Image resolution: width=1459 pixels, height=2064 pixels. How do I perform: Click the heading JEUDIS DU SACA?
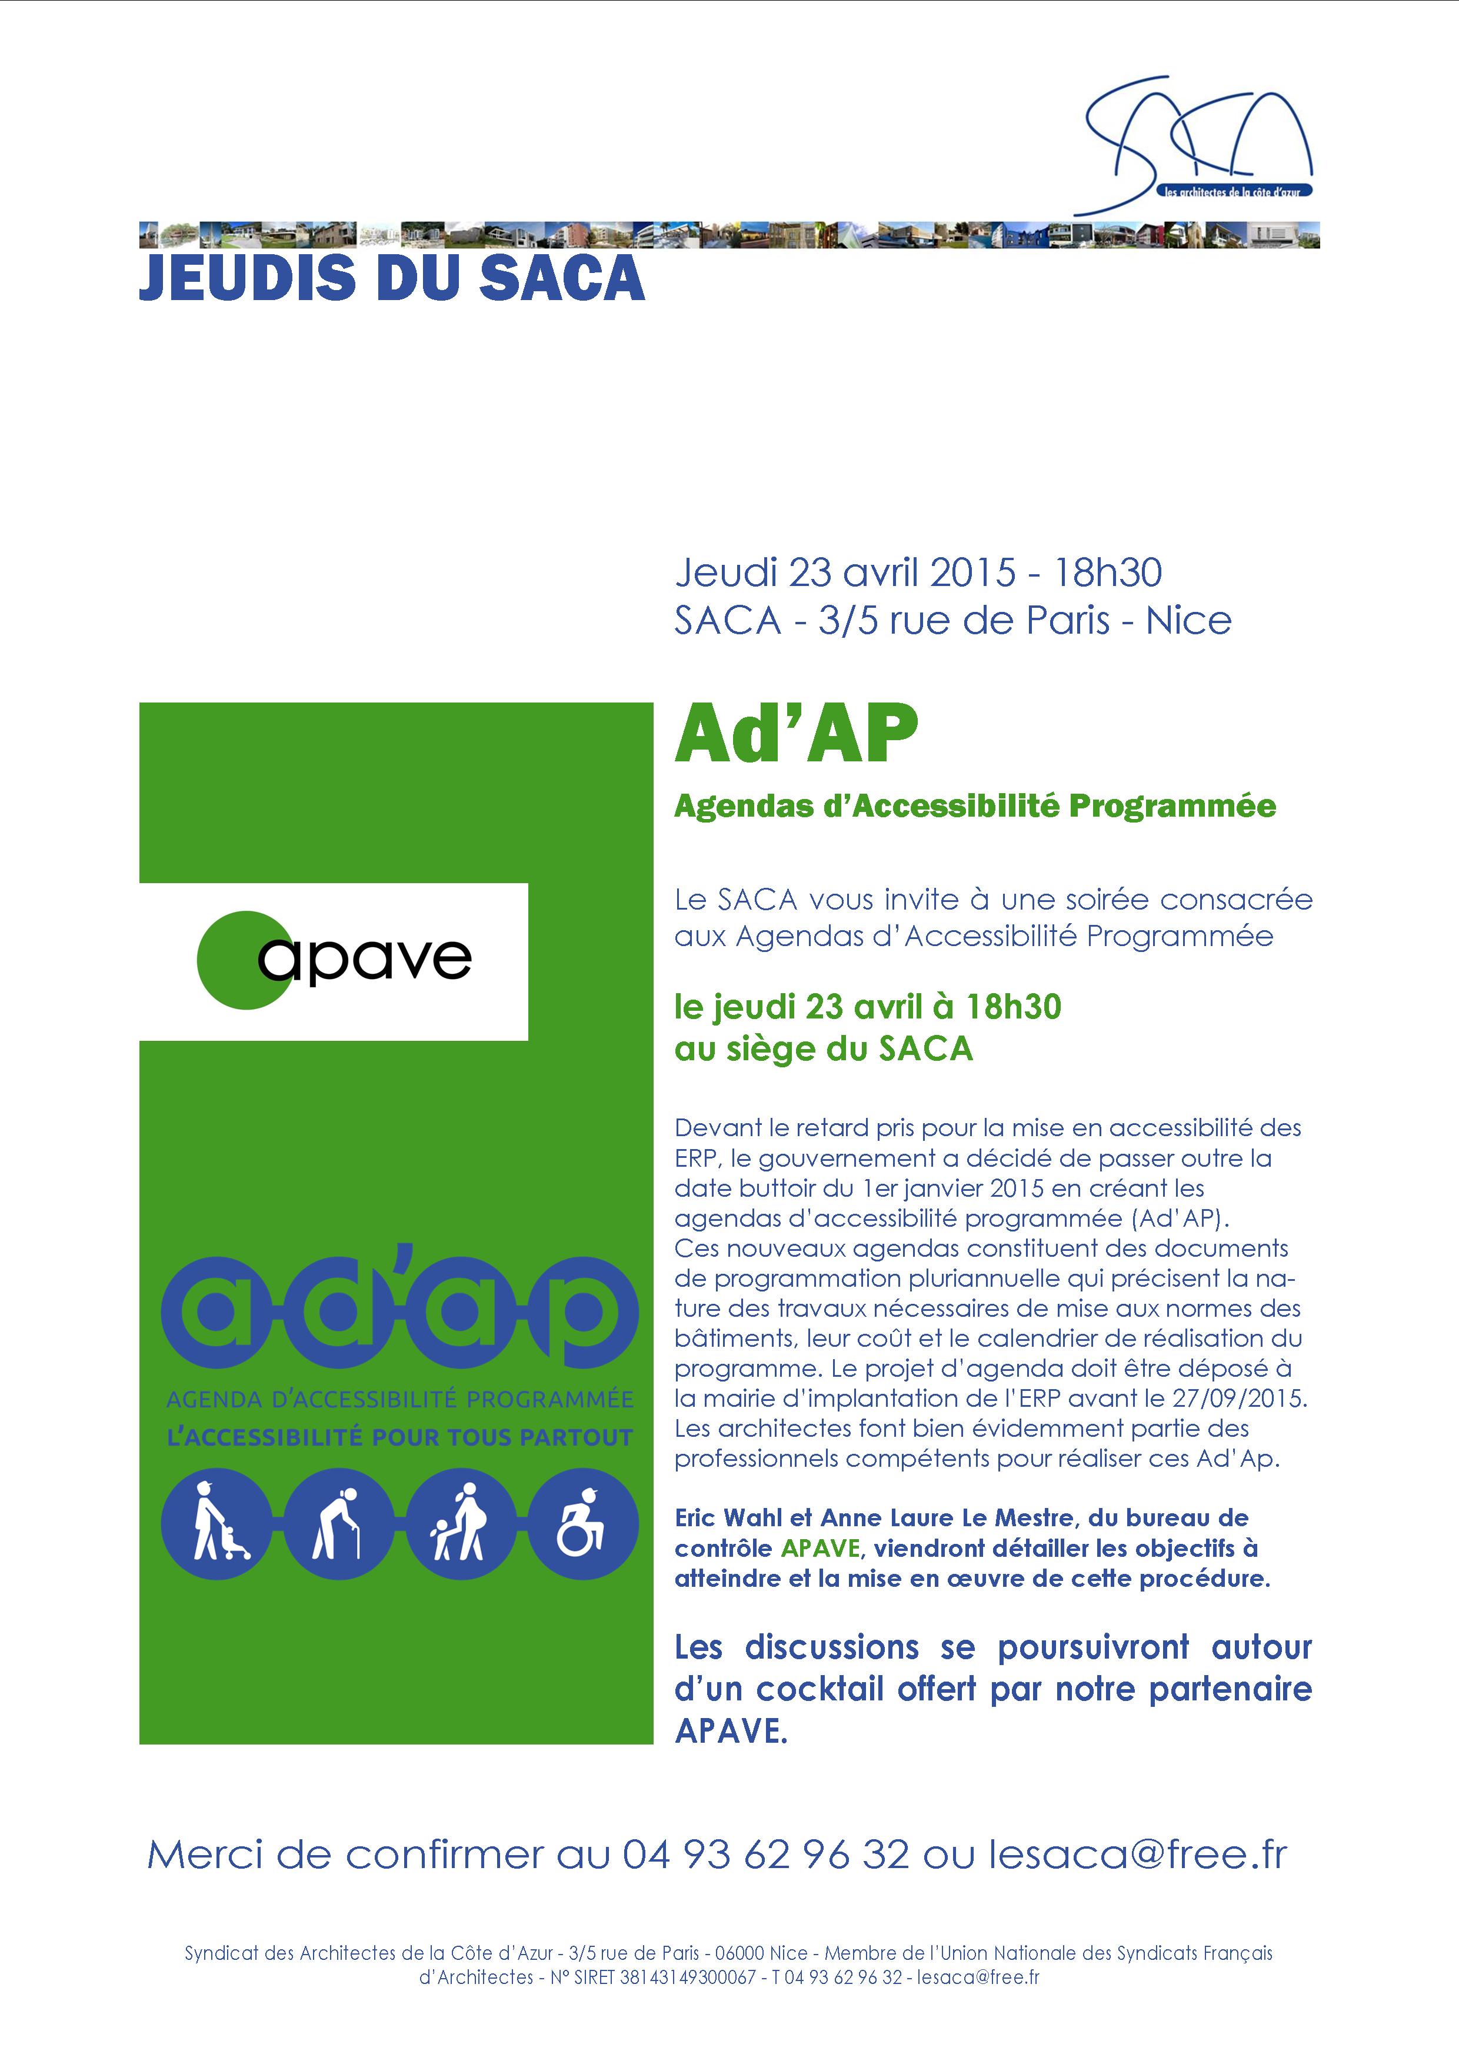click(392, 279)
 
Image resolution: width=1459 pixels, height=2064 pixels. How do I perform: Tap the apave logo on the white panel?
click(334, 960)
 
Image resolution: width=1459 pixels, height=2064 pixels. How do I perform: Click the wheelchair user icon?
click(582, 1523)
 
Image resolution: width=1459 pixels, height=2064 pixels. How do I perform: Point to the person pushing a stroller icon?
click(216, 1523)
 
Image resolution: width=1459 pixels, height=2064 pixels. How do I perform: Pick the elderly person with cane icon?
click(339, 1523)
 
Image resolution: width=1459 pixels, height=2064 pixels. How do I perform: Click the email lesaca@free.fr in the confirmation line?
click(1138, 1855)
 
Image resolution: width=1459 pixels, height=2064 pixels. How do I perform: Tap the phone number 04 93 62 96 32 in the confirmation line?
click(766, 1855)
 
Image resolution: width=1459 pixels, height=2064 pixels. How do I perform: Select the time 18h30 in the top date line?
click(1108, 572)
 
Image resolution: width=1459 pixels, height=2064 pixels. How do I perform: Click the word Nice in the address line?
click(1188, 620)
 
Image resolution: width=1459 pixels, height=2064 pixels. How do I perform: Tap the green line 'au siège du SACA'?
click(824, 1048)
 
